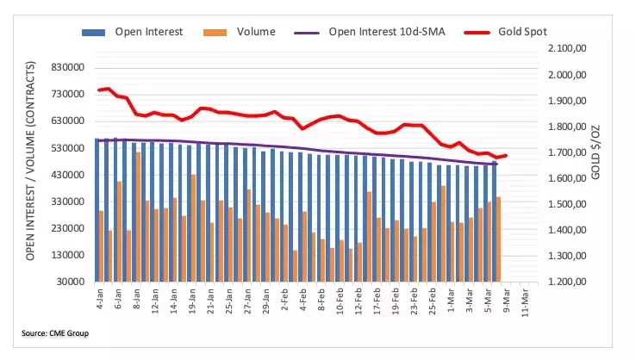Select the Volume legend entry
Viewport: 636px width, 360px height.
[256, 32]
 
